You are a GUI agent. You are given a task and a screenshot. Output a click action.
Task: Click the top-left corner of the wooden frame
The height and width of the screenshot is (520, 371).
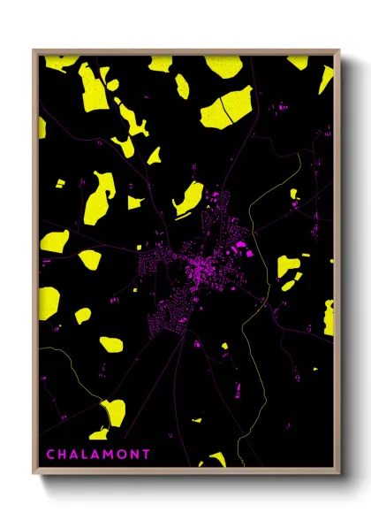pyautogui.click(x=34, y=50)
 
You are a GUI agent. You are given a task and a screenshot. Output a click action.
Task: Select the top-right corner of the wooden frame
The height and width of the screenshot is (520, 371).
pyautogui.click(x=340, y=50)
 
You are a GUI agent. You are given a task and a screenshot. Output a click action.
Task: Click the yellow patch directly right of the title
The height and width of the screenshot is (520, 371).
pyautogui.click(x=215, y=460)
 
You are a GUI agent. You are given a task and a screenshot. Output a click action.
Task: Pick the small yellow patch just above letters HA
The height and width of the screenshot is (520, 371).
pyautogui.click(x=100, y=434)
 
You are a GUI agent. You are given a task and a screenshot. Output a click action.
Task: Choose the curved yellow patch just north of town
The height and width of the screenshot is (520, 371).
pyautogui.click(x=188, y=199)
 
